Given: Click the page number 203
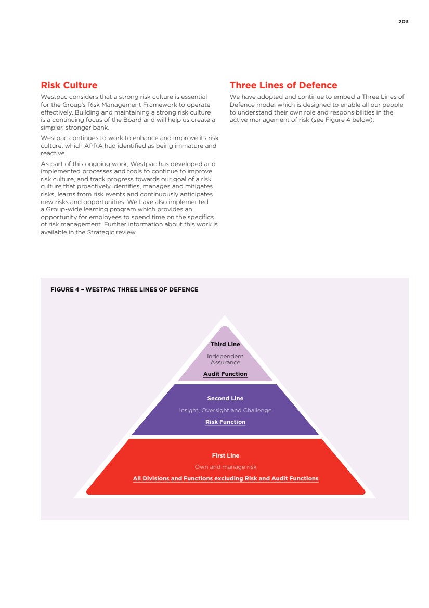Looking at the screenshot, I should [x=404, y=22].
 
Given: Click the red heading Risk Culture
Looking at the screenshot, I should [x=69, y=85].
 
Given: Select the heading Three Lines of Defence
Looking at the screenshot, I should [x=283, y=85].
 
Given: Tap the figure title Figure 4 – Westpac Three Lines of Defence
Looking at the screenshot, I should [x=124, y=289].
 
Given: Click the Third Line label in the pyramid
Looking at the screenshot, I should [x=225, y=344].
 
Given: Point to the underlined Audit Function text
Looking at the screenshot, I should [x=225, y=374].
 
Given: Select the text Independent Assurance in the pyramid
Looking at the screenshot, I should [x=225, y=359].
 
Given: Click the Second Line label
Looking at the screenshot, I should [x=225, y=398].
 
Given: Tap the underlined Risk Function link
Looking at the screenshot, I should [x=225, y=422].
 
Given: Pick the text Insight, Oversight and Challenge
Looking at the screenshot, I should [x=225, y=410].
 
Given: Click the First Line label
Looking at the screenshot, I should [x=225, y=455].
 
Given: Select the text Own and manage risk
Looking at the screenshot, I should [x=225, y=467].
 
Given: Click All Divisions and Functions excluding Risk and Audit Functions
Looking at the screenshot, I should [x=225, y=478].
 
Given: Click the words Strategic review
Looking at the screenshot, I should [x=118, y=232].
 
